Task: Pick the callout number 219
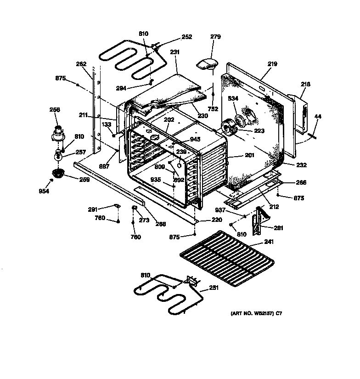point(272,64)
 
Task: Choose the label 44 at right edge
point(318,116)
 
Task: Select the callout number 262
point(81,64)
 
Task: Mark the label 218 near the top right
point(305,84)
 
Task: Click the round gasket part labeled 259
point(57,173)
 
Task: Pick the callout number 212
point(274,207)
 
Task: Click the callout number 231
point(174,53)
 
